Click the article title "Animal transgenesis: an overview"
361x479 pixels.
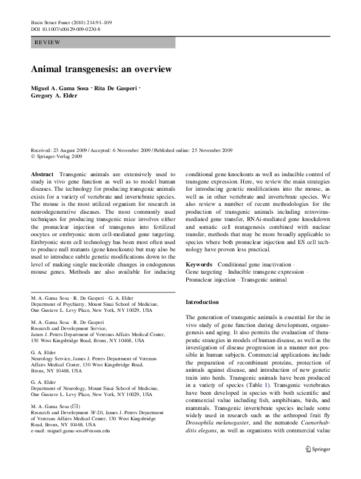tap(101, 69)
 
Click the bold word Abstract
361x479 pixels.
tap(44, 174)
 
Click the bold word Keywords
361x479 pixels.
tap(199, 265)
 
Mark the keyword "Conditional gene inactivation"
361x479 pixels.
tap(255, 265)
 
